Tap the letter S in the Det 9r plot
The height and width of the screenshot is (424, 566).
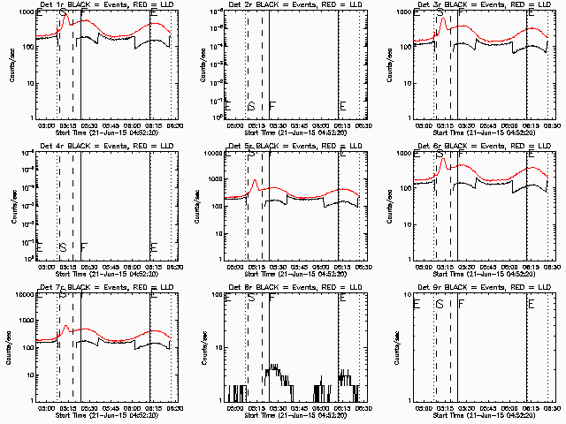pos(440,304)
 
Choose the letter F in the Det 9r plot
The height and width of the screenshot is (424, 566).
pos(461,304)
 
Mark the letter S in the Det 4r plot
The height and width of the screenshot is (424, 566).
pos(62,247)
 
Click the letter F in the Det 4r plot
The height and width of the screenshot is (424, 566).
pos(83,247)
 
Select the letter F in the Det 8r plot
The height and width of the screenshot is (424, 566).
pos(272,299)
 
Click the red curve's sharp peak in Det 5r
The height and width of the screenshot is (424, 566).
pos(255,181)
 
